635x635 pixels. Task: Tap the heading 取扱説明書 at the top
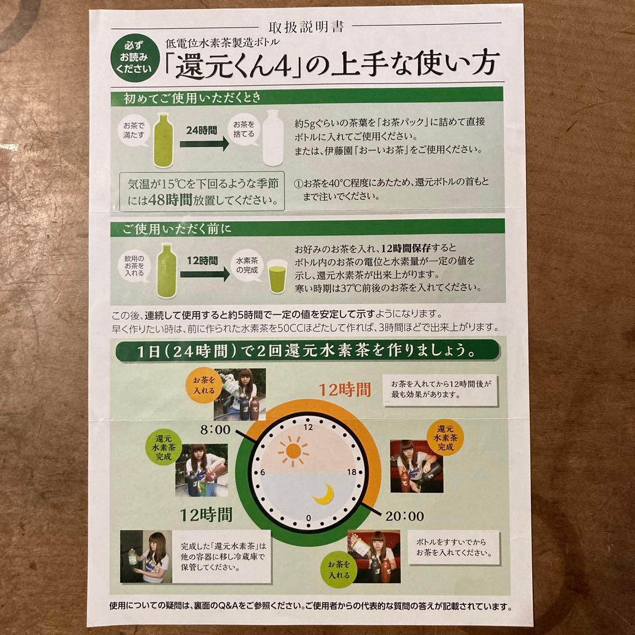(x=306, y=26)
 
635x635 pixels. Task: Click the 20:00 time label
(x=405, y=516)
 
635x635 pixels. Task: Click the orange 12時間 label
(x=345, y=389)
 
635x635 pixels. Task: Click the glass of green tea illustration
(x=277, y=277)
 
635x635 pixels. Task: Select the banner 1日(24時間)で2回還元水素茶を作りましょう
(x=308, y=351)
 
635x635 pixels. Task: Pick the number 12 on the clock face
(x=308, y=427)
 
